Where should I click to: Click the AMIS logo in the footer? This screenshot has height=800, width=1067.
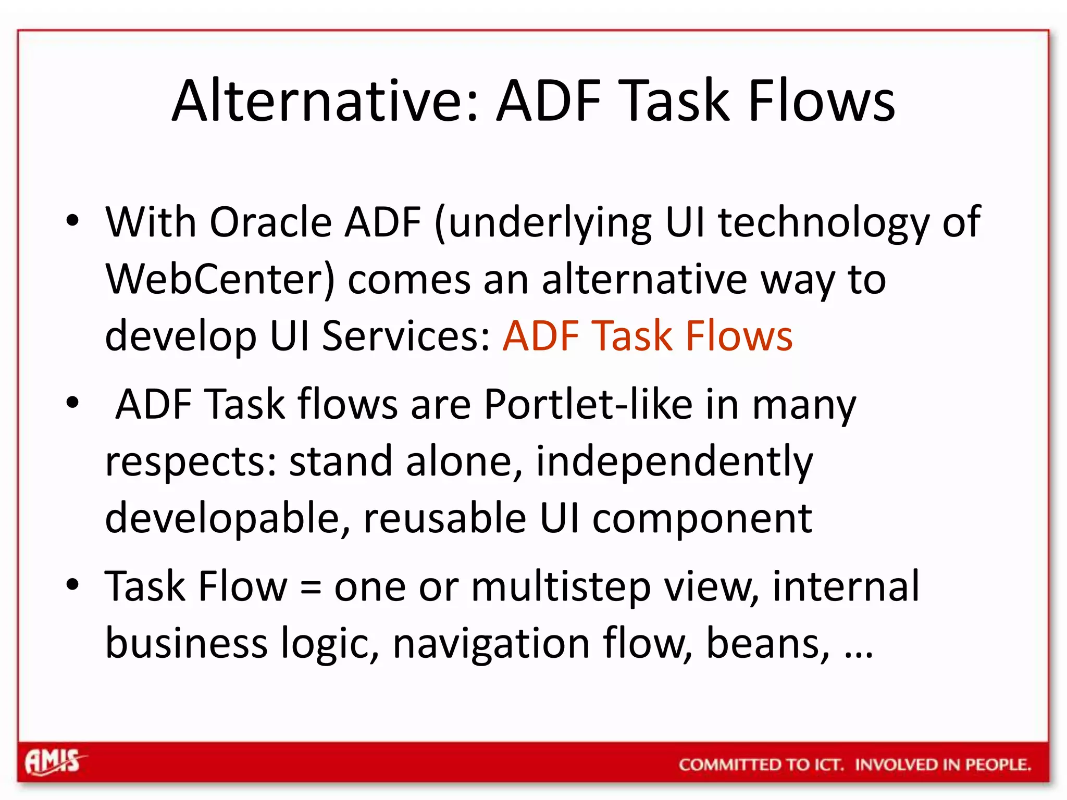point(54,762)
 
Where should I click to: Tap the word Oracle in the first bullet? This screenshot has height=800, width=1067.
point(270,222)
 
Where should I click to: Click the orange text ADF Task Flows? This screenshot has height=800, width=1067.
point(647,336)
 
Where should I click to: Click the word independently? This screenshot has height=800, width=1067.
point(674,462)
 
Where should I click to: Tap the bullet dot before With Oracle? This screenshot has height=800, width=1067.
point(73,221)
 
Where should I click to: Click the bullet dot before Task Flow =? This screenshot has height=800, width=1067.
point(73,585)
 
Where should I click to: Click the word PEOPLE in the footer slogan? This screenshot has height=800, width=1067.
point(997,765)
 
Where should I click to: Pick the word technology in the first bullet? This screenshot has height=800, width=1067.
point(824,222)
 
